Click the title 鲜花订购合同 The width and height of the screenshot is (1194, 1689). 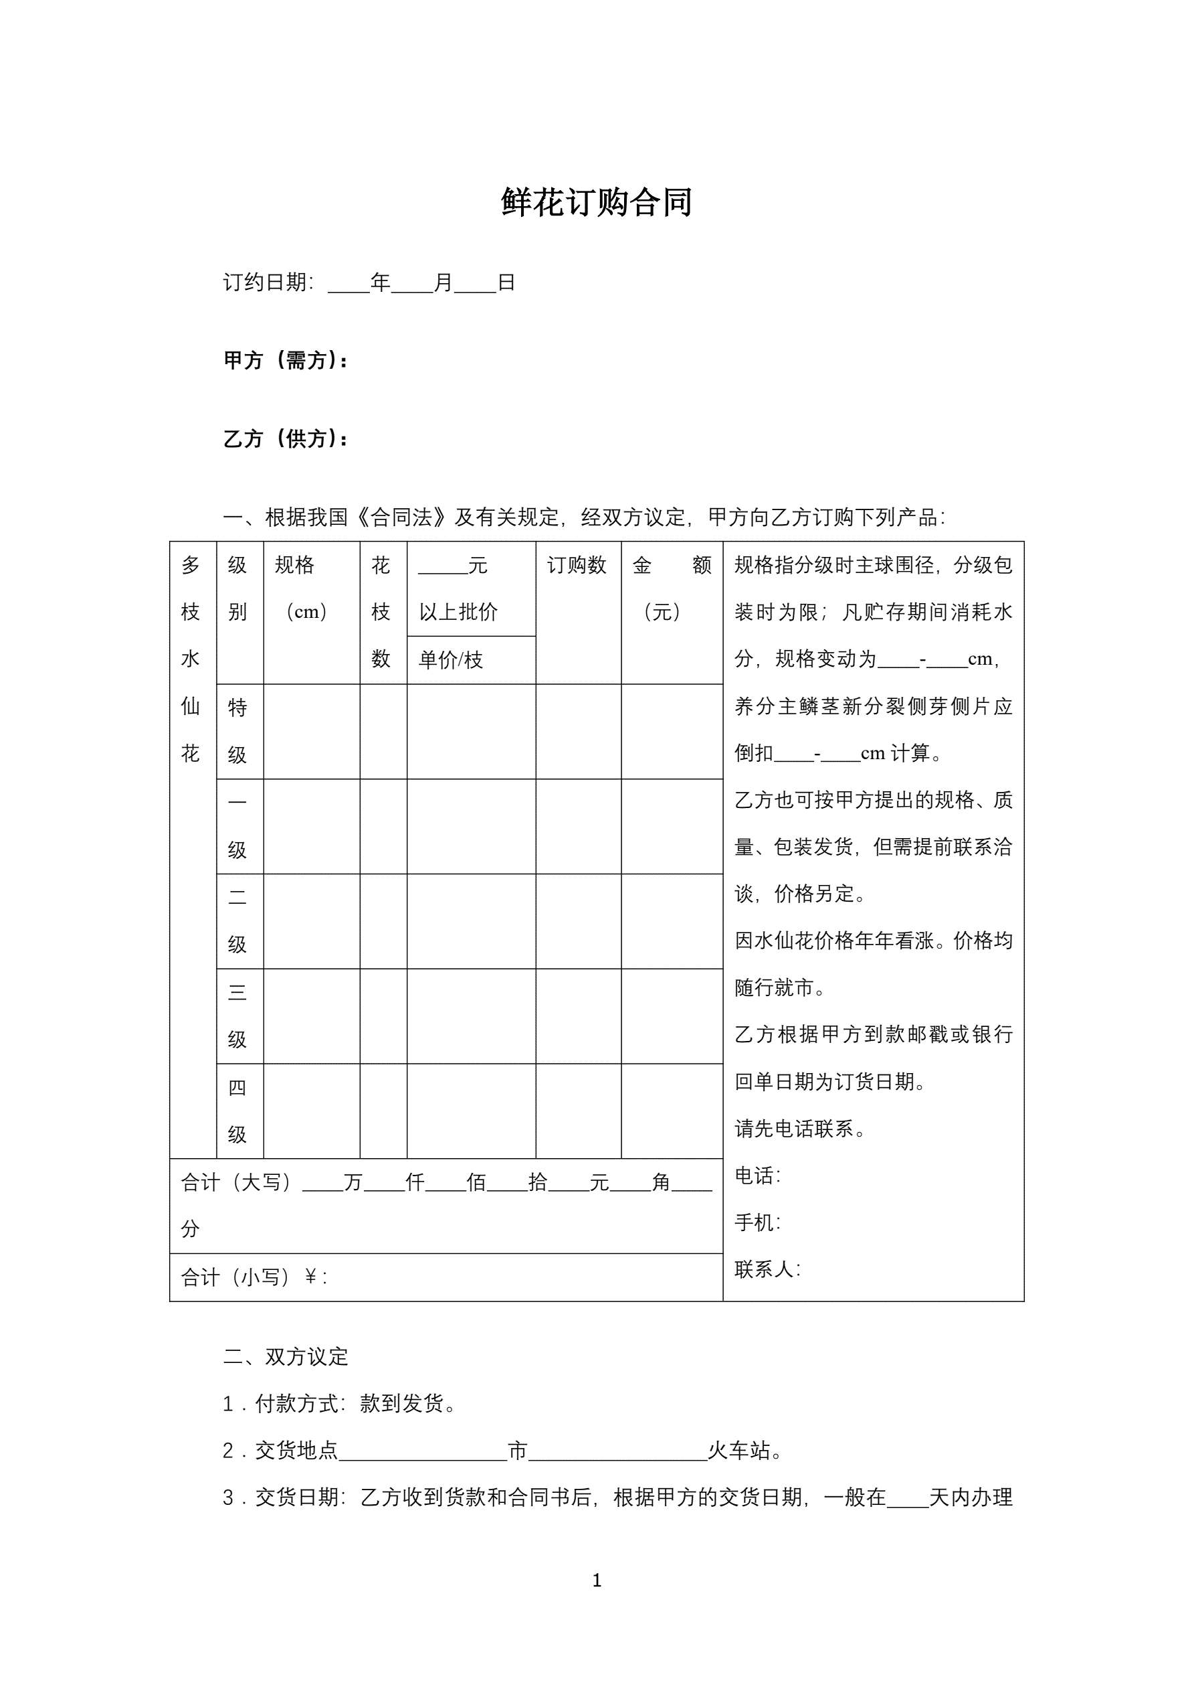point(596,202)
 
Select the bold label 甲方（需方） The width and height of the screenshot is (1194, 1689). point(285,360)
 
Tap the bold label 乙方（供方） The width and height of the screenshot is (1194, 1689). point(285,439)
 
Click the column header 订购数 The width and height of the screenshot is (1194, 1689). point(577,565)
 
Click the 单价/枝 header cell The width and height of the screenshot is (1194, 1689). point(451,660)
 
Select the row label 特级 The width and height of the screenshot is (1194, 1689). point(237,730)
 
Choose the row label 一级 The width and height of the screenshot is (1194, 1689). point(237,826)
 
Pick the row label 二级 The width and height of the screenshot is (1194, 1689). point(237,920)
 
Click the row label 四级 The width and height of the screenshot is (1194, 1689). point(237,1111)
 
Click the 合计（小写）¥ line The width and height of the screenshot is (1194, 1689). point(254,1277)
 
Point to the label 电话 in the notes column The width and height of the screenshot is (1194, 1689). point(757,1176)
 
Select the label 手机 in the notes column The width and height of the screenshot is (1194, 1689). point(757,1222)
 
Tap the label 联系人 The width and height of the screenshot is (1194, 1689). point(767,1269)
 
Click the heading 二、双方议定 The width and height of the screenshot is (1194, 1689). point(285,1356)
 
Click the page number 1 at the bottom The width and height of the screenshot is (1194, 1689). point(597,1579)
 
